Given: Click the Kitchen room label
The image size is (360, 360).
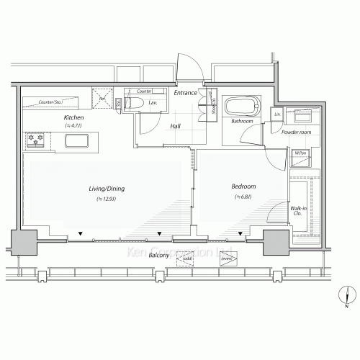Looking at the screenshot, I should (74, 117).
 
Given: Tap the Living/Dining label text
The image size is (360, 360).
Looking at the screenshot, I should (105, 189).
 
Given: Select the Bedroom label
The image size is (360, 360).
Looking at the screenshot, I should (244, 186).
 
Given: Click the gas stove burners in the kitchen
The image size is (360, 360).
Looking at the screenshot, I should (35, 140).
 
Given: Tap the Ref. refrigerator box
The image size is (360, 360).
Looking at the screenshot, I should (103, 99).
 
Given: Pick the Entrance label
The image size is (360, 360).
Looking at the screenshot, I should (186, 93).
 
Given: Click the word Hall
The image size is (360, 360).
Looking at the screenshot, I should (175, 127).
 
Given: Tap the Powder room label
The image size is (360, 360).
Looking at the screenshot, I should (296, 132).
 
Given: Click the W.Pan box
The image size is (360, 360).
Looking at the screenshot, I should (298, 152).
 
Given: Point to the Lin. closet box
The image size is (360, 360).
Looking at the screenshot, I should (277, 114).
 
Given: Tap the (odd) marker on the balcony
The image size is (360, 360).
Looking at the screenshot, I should (186, 258).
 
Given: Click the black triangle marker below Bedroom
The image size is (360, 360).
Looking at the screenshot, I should (240, 235).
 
